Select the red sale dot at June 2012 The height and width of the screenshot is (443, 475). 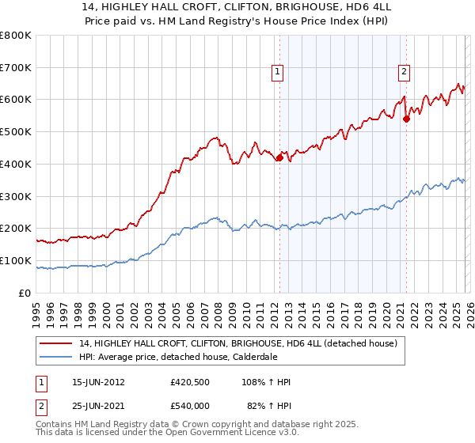pos(279,158)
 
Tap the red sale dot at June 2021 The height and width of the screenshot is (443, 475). pos(406,119)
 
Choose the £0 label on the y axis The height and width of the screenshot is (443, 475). pos(25,293)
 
